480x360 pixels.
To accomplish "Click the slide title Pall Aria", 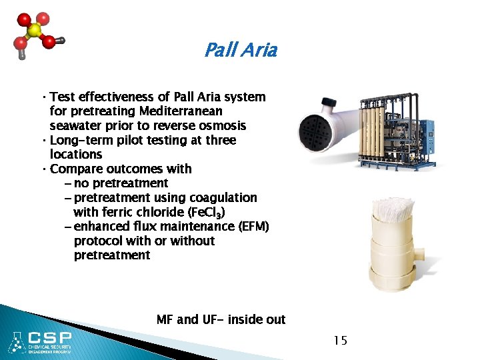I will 240,50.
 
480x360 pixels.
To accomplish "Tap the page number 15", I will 340,341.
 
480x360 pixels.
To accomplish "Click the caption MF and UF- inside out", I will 221,320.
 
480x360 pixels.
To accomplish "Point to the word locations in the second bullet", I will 76,155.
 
